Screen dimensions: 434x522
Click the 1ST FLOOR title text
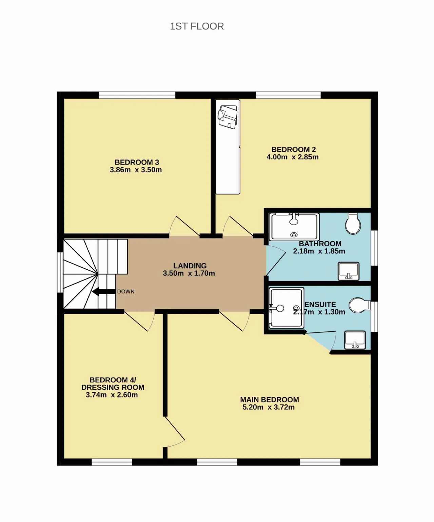click(197, 26)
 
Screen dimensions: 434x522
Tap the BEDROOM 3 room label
click(137, 162)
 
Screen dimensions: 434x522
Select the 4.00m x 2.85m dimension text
click(293, 157)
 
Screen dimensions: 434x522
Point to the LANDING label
click(190, 266)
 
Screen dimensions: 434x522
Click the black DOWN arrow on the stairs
click(104, 291)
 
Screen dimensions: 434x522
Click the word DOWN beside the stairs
click(126, 291)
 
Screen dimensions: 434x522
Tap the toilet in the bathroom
click(353, 224)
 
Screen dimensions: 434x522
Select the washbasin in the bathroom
click(349, 271)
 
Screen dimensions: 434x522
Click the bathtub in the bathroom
click(294, 227)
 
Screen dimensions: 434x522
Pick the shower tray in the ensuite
click(286, 308)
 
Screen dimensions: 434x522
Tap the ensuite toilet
click(359, 305)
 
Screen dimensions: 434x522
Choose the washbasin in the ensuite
click(355, 340)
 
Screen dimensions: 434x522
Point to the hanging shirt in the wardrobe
click(228, 117)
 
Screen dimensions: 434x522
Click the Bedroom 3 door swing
click(184, 226)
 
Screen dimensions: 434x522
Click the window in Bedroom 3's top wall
click(137, 95)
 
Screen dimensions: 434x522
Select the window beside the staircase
click(60, 272)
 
